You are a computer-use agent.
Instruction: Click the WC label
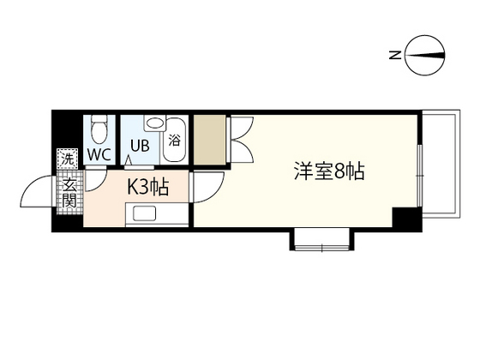pyautogui.click(x=99, y=155)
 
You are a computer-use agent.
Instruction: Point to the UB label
pyautogui.click(x=141, y=145)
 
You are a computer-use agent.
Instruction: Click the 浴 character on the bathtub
pyautogui.click(x=174, y=140)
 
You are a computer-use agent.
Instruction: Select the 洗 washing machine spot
pyautogui.click(x=66, y=159)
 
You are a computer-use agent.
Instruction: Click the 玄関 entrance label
pyautogui.click(x=68, y=192)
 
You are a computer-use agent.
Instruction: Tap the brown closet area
pyautogui.click(x=210, y=139)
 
